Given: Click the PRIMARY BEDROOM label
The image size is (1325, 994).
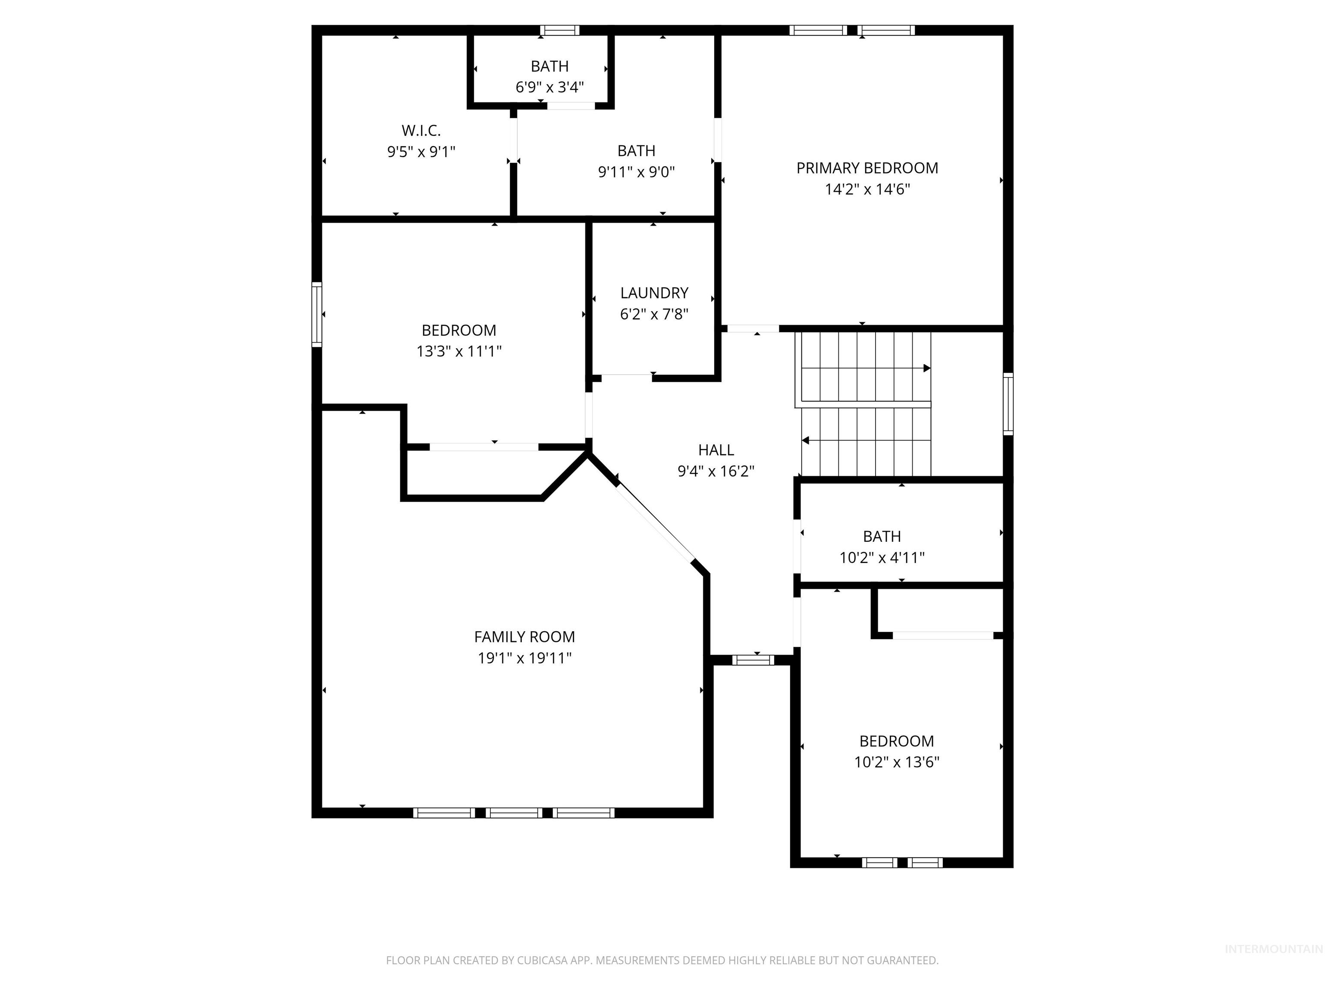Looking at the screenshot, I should coord(867,168).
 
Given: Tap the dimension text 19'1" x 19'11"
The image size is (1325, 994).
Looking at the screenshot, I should coord(524,658).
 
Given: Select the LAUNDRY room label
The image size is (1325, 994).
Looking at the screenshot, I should coord(654,293).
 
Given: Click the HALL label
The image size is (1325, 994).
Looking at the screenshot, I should coord(716,450).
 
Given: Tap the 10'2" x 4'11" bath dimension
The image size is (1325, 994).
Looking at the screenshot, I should coord(882,558).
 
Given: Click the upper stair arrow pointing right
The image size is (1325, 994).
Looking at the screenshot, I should coord(926,368).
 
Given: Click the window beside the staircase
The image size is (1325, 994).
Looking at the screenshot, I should coord(1008,403).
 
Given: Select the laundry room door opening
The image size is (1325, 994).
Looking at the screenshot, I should coord(627,377).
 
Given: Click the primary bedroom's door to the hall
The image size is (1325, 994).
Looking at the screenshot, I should coord(753,328).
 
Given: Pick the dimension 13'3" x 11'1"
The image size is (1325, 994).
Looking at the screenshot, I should coord(459,352).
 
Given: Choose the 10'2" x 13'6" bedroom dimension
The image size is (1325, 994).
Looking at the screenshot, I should coord(896,762).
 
